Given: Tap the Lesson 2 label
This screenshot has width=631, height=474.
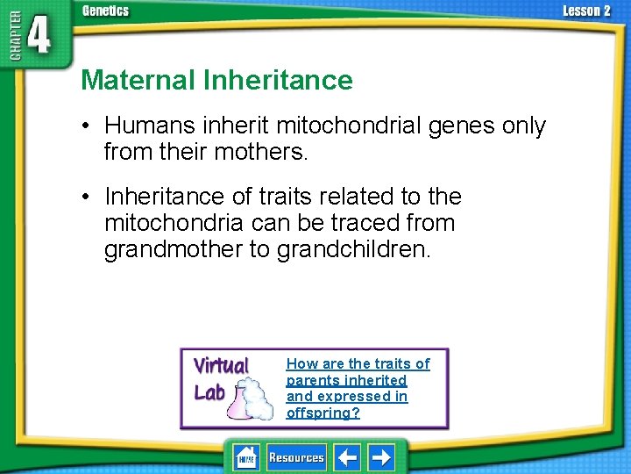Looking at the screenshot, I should tap(586, 11).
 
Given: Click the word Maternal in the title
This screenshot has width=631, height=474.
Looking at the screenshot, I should tap(138, 81).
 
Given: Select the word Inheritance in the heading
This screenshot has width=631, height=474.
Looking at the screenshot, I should tap(278, 81).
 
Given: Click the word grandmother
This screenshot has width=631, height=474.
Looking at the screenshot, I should tap(174, 249).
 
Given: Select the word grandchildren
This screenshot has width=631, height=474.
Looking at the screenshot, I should tap(353, 249).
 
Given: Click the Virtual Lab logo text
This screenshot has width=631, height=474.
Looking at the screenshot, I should tap(220, 378).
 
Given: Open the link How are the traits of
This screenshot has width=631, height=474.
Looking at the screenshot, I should tap(358, 363).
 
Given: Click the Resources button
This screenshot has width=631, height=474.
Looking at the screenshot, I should tap(295, 457).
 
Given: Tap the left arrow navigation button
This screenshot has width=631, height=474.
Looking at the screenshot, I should tap(349, 457).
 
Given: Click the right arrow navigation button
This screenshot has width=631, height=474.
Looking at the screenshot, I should tap(381, 457).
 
